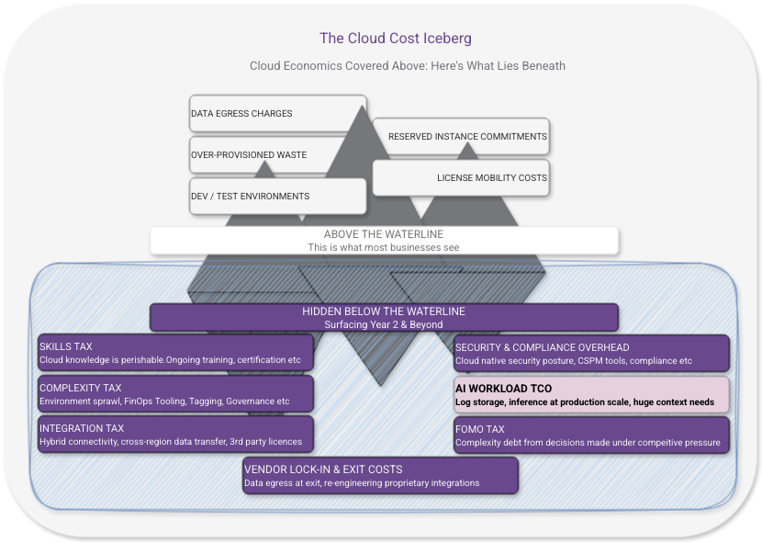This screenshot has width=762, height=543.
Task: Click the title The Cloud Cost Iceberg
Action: (395, 38)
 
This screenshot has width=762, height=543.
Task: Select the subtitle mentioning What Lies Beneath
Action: (407, 66)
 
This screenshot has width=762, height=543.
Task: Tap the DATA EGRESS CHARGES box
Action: (277, 114)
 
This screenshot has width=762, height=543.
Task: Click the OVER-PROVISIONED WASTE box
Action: (277, 155)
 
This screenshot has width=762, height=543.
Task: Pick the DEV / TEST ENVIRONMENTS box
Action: (277, 196)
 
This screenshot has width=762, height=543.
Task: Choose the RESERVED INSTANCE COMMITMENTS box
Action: (461, 136)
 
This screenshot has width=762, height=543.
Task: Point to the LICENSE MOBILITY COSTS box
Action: (461, 177)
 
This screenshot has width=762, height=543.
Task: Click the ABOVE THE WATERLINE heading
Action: (383, 234)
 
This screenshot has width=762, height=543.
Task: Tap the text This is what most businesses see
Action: (383, 247)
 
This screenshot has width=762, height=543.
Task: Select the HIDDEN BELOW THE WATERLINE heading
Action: (383, 311)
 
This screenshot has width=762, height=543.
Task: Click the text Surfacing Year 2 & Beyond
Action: (383, 324)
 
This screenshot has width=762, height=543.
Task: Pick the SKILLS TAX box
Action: (175, 353)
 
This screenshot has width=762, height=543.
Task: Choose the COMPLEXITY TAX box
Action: (175, 394)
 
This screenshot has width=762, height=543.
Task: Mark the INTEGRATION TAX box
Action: (175, 435)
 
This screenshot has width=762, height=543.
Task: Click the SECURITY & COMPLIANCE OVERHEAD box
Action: (591, 354)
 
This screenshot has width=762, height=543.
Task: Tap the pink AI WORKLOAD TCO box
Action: (591, 394)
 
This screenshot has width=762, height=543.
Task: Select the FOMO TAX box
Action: (591, 436)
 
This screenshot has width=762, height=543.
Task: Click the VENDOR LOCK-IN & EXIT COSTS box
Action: (380, 475)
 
